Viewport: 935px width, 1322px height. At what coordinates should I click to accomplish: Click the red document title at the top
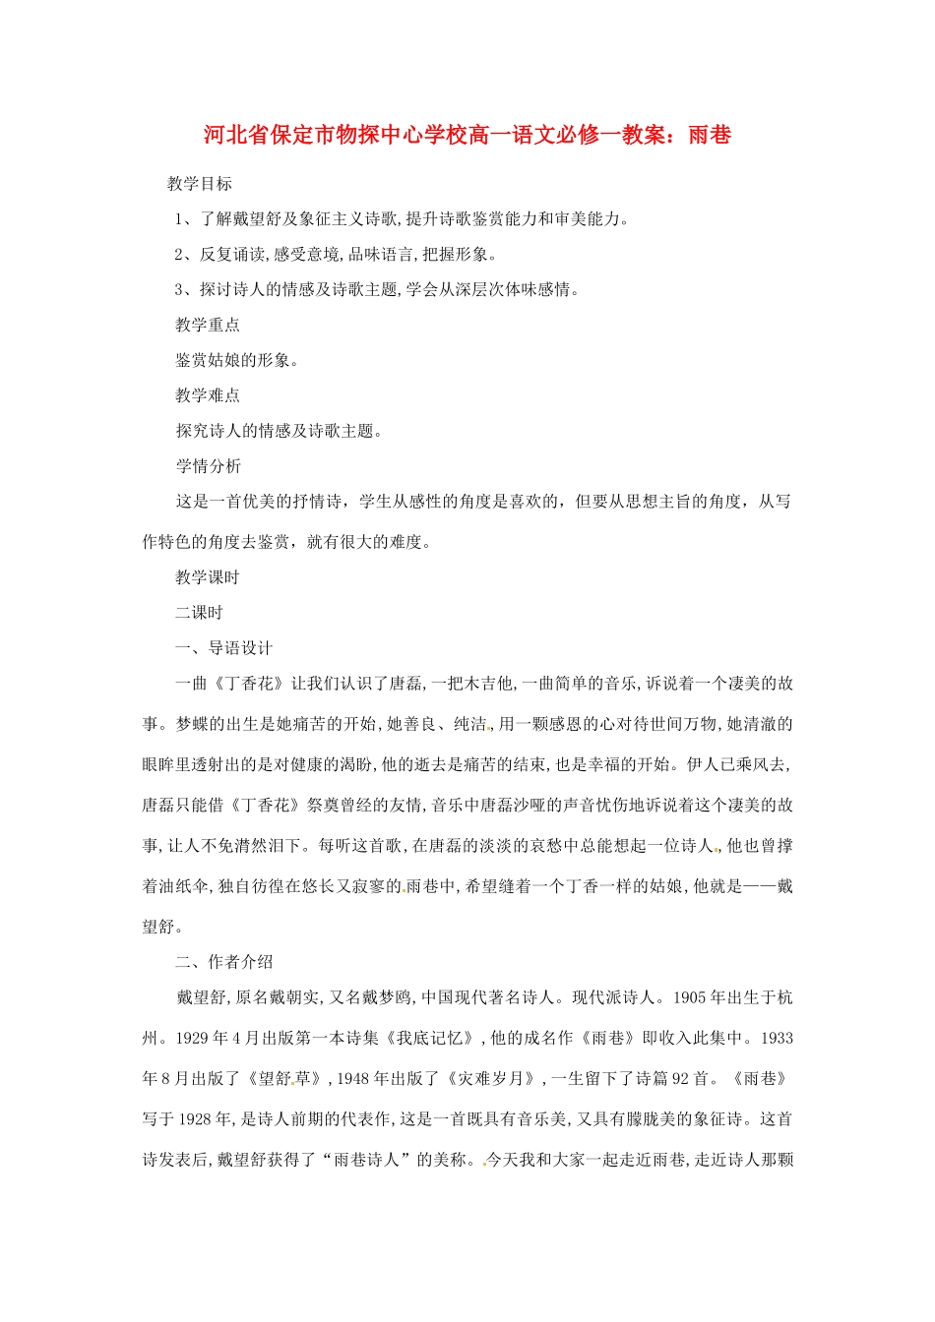click(x=467, y=135)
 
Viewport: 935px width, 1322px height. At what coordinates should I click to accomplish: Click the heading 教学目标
click(x=200, y=184)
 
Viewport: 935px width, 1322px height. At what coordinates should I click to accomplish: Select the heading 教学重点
click(x=208, y=326)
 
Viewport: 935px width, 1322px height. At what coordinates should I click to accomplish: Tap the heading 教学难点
click(x=208, y=395)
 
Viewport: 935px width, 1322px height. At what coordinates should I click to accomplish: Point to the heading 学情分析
click(x=208, y=466)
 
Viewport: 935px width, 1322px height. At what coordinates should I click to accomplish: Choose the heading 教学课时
click(x=208, y=577)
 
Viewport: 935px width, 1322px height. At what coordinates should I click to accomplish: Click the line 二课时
click(x=200, y=613)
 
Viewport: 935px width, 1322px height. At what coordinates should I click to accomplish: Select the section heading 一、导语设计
click(x=224, y=648)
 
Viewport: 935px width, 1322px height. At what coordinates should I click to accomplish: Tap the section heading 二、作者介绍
click(x=224, y=962)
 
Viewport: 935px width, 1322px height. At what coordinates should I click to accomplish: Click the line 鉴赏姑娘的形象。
click(x=237, y=360)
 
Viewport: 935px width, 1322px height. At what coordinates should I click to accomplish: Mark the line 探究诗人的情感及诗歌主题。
click(x=279, y=431)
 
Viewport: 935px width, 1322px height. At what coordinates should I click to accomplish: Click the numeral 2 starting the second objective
click(x=180, y=255)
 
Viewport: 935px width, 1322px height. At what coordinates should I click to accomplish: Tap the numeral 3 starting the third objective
click(x=180, y=290)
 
